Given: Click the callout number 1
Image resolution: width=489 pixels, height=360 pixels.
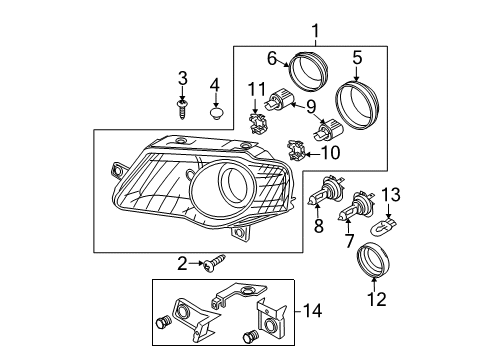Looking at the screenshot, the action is click(315, 32).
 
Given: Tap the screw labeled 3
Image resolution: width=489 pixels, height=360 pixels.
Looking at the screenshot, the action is click(182, 109).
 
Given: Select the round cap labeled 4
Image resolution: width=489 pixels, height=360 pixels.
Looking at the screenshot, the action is click(217, 113).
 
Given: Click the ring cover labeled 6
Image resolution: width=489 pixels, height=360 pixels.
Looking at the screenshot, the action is click(309, 71).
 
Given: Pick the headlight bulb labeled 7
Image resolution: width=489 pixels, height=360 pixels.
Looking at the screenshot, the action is click(356, 206).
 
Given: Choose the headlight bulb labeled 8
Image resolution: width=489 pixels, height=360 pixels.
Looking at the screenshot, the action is click(324, 191).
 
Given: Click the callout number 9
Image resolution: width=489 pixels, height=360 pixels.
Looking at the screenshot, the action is click(311, 107).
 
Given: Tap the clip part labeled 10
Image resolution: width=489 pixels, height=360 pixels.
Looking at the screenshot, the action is click(297, 150).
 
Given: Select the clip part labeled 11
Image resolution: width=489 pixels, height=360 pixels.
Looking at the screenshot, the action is click(257, 124).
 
